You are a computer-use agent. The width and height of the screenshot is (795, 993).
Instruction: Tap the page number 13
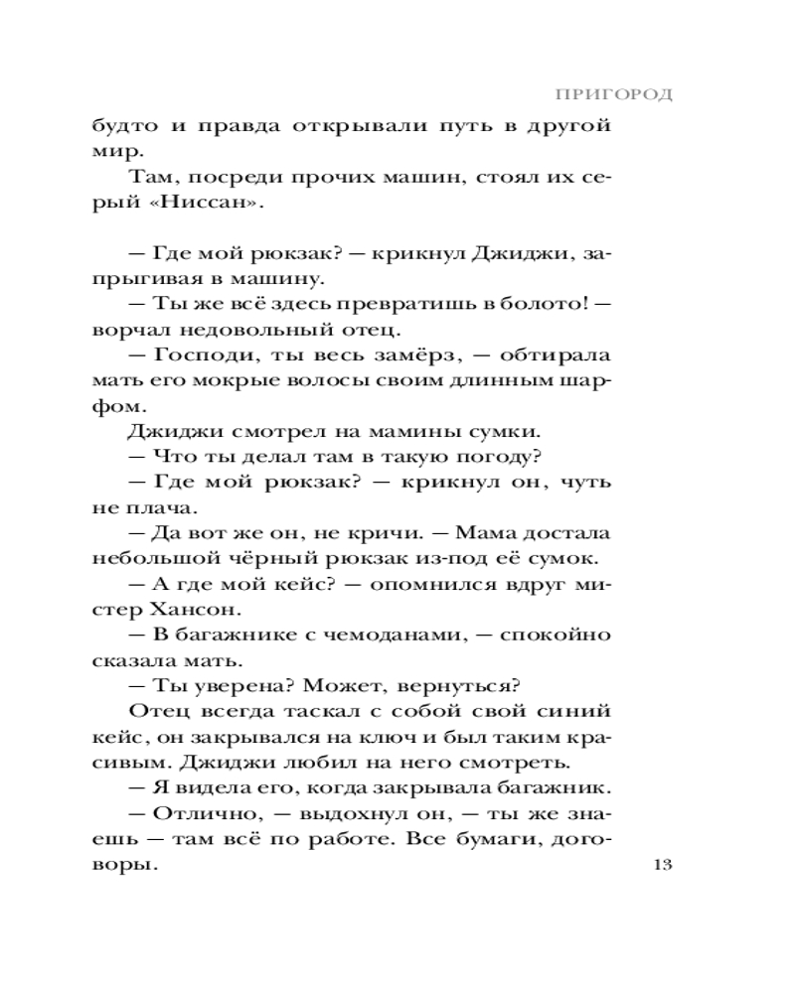tap(664, 864)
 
